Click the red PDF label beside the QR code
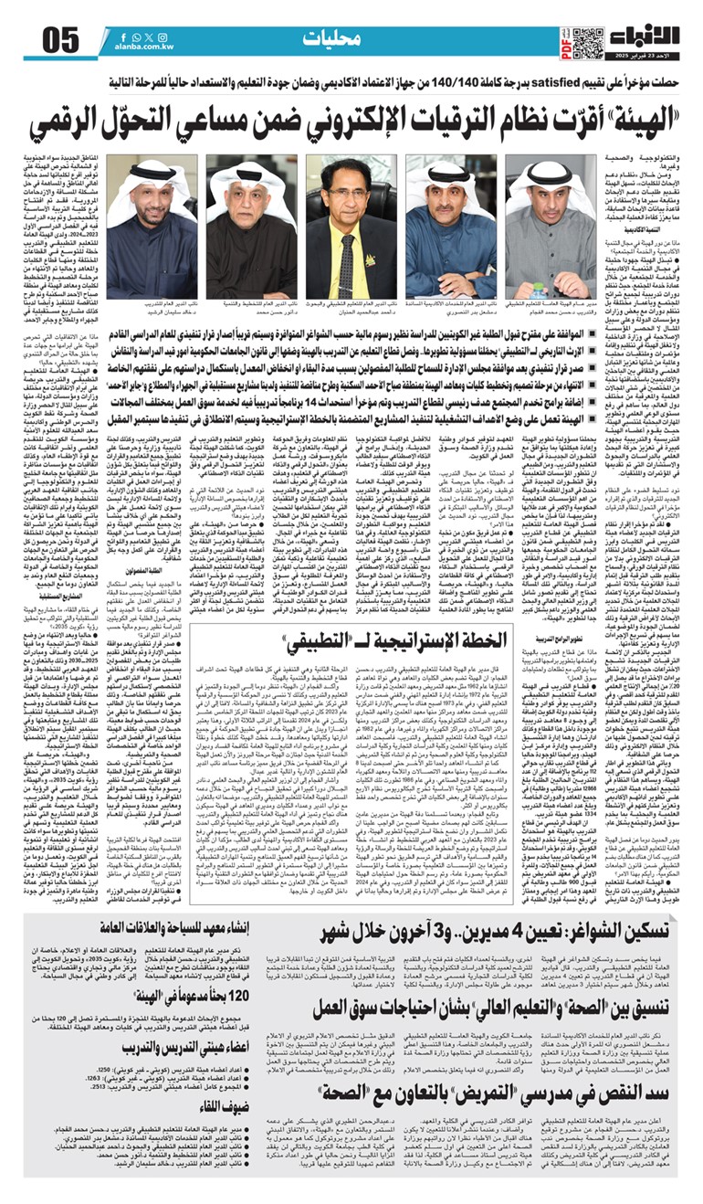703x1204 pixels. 565,42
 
